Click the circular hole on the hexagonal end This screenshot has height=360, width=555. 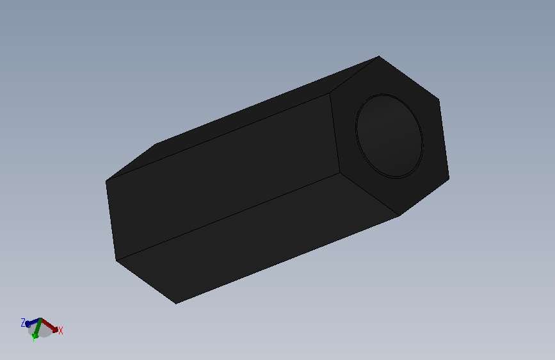pyautogui.click(x=389, y=136)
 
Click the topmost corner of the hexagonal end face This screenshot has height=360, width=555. pyautogui.click(x=380, y=56)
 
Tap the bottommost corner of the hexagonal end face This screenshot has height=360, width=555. pyautogui.click(x=399, y=216)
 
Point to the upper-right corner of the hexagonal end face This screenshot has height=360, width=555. pyautogui.click(x=438, y=99)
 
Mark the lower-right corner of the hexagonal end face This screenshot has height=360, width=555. pyautogui.click(x=449, y=179)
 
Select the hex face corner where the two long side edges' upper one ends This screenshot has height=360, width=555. pyautogui.click(x=330, y=94)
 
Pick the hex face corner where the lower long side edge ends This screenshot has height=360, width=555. pyautogui.click(x=339, y=172)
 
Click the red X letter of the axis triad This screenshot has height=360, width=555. pyautogui.click(x=60, y=331)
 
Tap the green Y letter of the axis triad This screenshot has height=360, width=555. pyautogui.click(x=33, y=338)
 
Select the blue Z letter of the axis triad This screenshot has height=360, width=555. pyautogui.click(x=23, y=322)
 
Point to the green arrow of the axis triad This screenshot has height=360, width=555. pyautogui.click(x=38, y=330)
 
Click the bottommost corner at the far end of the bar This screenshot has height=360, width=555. pyautogui.click(x=176, y=303)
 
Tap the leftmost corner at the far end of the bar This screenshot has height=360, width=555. pyautogui.click(x=106, y=182)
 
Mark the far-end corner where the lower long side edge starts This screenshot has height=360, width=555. pyautogui.click(x=116, y=261)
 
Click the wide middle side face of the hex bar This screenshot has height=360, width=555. pyautogui.click(x=221, y=176)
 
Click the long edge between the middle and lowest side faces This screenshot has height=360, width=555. pyautogui.click(x=227, y=217)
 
